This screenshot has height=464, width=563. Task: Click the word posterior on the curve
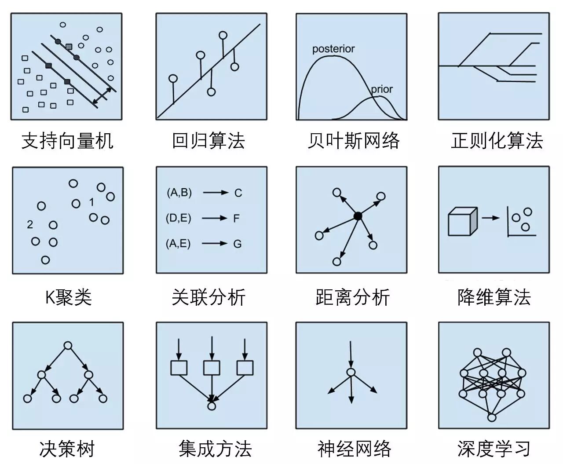tap(333, 49)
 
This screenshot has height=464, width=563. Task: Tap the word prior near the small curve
tap(381, 89)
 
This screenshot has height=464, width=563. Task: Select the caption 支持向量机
tap(67, 141)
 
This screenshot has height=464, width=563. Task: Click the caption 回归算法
tap(208, 141)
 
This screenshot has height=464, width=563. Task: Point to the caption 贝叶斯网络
tap(354, 141)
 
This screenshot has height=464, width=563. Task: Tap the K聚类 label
tap(68, 297)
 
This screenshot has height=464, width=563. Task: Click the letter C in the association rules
tap(238, 193)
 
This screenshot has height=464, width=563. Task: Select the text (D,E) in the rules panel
tap(179, 218)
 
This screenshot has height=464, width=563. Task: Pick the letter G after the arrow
tap(238, 244)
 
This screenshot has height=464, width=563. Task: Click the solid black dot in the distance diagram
tap(358, 216)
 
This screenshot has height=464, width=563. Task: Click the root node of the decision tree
tap(68, 346)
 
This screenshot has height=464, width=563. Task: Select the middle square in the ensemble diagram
tap(212, 368)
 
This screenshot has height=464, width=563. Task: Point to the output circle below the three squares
tap(212, 406)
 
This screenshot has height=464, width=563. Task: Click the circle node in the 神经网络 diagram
tap(351, 373)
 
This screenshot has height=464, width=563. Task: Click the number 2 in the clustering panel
tap(30, 225)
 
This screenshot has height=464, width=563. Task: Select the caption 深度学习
tap(494, 449)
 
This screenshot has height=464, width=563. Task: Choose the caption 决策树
tap(67, 449)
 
